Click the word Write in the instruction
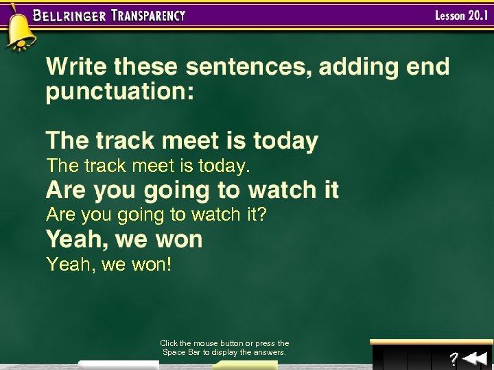pyautogui.click(x=77, y=66)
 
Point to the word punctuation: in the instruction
pyautogui.click(x=120, y=92)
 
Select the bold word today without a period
pyautogui.click(x=285, y=141)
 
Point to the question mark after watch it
pyautogui.click(x=261, y=215)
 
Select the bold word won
pyautogui.click(x=180, y=240)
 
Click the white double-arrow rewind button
pyautogui.click(x=474, y=358)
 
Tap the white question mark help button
pyautogui.click(x=454, y=358)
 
